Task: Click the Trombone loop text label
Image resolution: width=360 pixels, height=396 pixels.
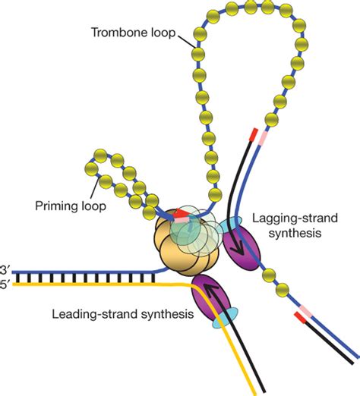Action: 134,33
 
